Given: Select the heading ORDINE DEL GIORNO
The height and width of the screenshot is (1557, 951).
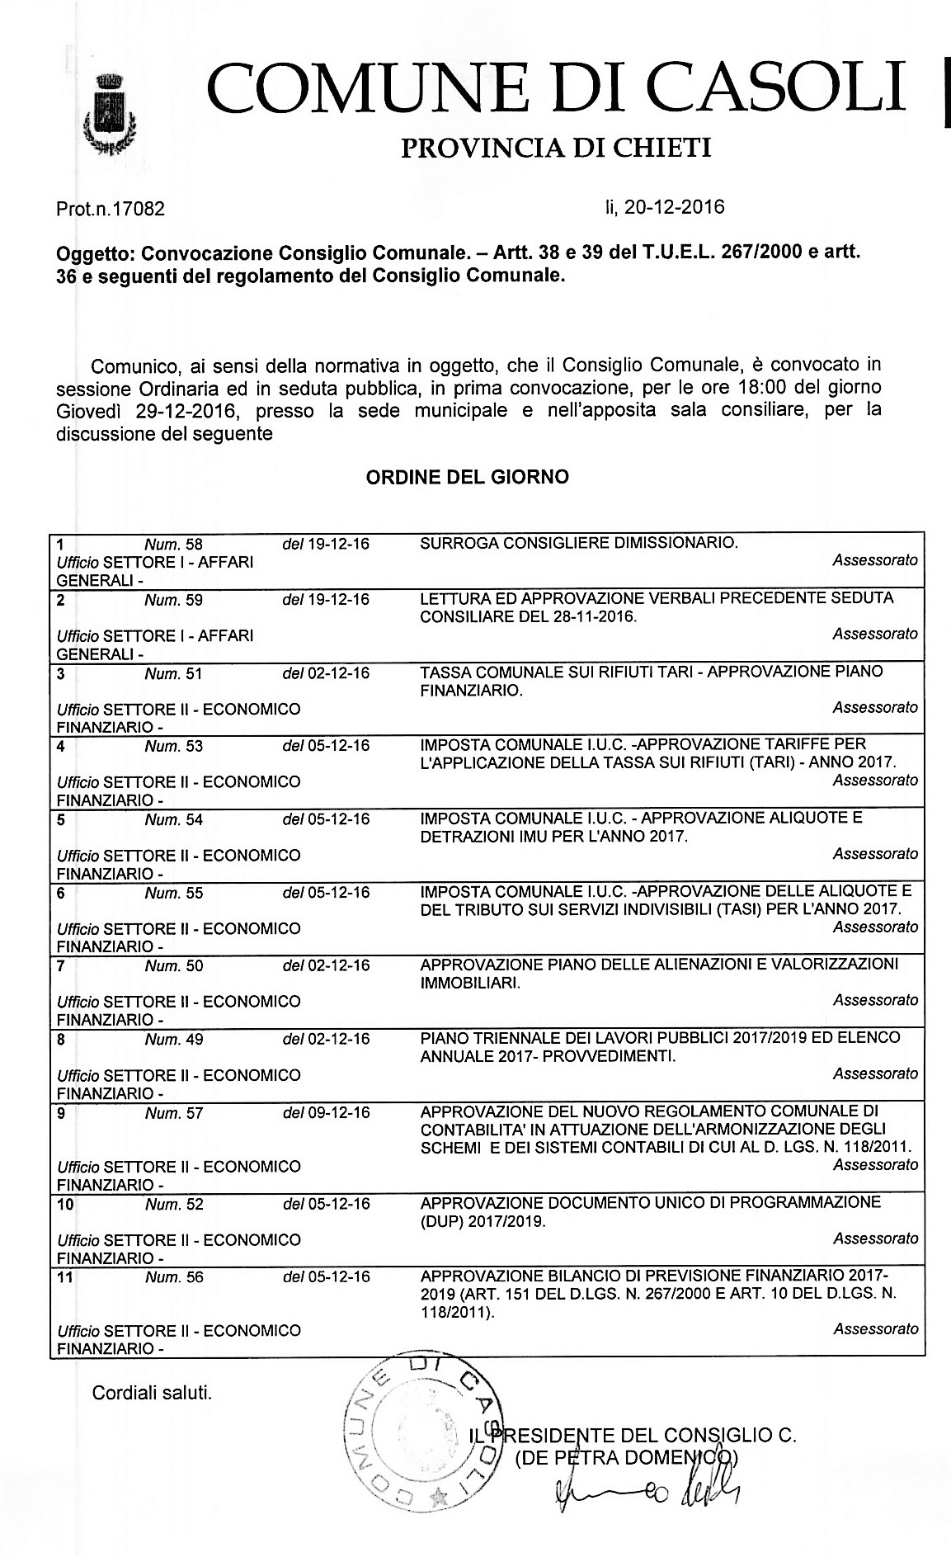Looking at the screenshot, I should pyautogui.click(x=467, y=477).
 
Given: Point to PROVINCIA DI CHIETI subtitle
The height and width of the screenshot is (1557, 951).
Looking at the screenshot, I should pyautogui.click(x=555, y=149).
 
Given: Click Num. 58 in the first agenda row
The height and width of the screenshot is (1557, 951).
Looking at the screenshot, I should pyautogui.click(x=173, y=545).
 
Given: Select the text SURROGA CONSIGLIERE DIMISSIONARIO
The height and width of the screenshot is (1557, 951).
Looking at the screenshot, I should pyautogui.click(x=578, y=543).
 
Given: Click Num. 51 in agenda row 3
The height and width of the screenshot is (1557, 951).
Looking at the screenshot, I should pyautogui.click(x=173, y=673).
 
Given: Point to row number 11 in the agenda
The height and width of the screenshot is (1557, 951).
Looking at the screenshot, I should pyautogui.click(x=65, y=1277).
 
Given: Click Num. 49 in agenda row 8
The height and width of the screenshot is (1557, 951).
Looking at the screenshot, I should pyautogui.click(x=173, y=1040).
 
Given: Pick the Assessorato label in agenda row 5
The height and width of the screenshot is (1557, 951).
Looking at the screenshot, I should pyautogui.click(x=874, y=853).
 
